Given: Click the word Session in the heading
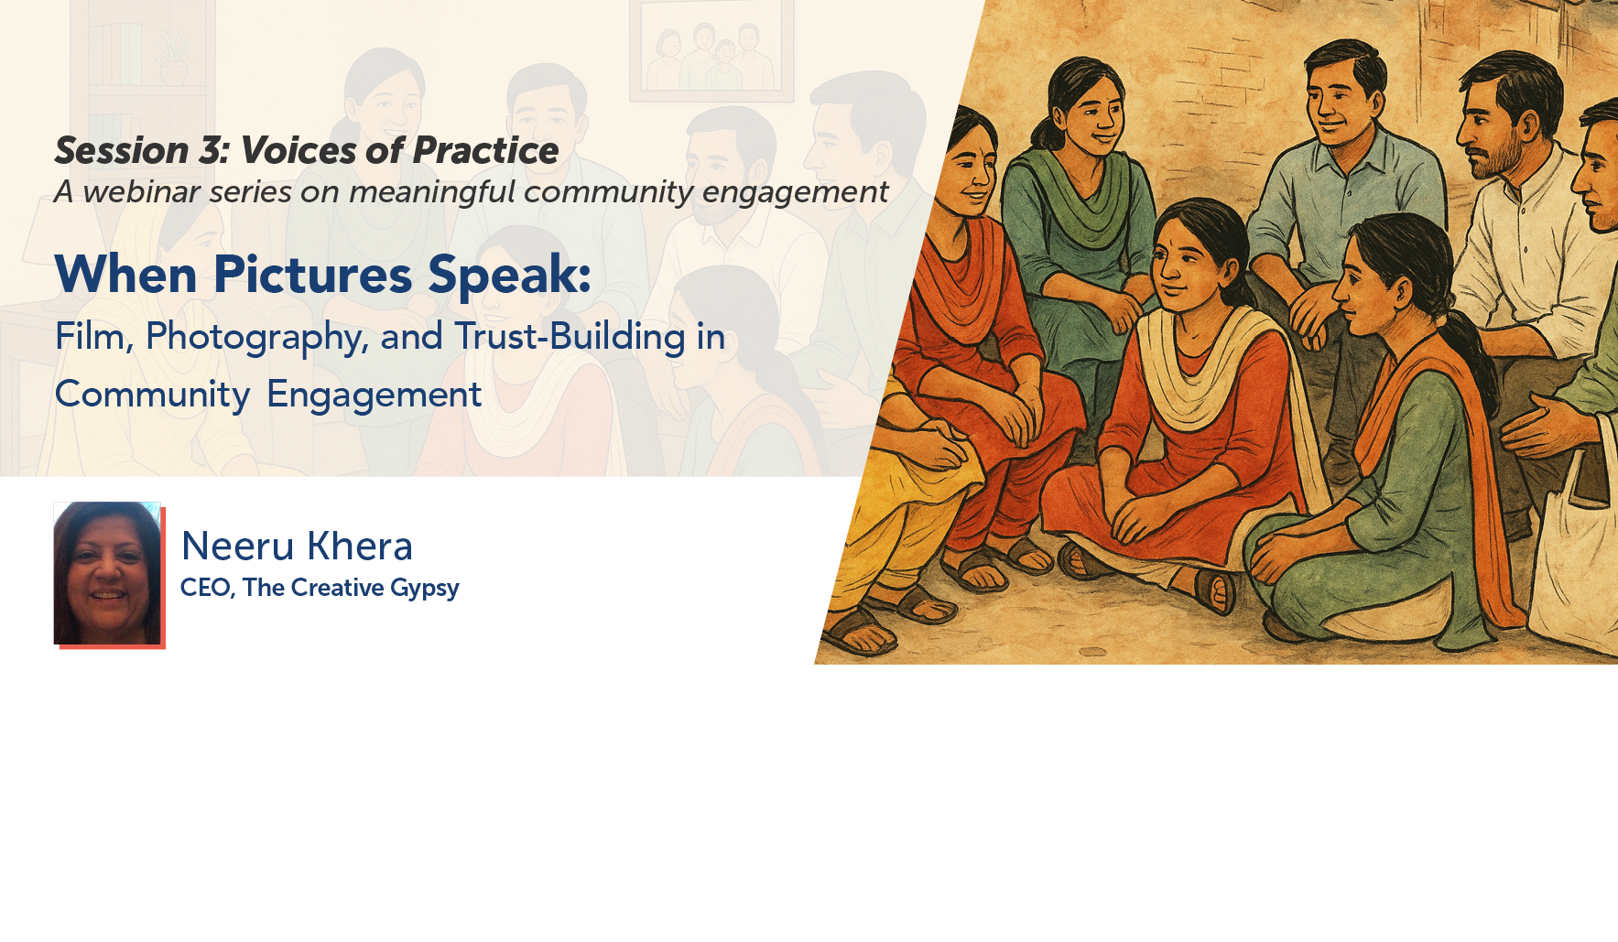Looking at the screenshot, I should click(122, 151).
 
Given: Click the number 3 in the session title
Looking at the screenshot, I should click(212, 151).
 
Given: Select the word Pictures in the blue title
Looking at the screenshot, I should click(312, 274).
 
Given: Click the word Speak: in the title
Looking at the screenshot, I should click(509, 274).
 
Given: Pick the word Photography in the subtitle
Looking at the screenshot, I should click(256, 337).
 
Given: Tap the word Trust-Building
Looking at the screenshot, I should click(570, 337).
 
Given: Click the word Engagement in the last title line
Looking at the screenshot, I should click(374, 395).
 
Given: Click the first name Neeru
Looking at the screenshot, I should click(238, 547).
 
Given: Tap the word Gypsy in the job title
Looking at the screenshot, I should click(424, 588).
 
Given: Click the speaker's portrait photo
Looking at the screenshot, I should click(107, 573).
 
